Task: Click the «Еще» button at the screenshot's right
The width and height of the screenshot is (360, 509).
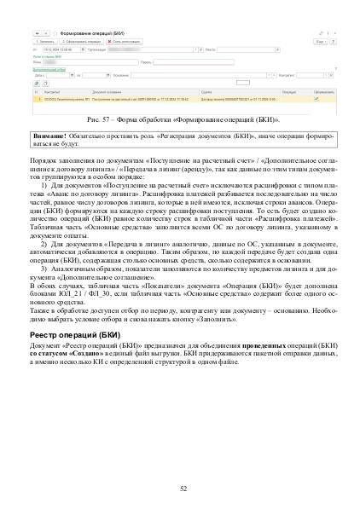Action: (x=319, y=40)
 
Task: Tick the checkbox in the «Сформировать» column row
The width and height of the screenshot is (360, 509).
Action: (x=316, y=98)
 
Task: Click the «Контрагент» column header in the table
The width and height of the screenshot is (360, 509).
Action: (x=49, y=91)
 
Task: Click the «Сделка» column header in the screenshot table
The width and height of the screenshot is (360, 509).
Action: (x=206, y=91)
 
